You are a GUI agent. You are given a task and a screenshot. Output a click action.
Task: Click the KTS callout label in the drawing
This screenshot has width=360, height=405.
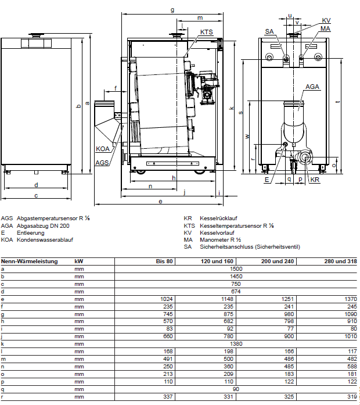(206, 32)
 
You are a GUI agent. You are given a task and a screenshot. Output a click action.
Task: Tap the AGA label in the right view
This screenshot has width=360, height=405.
(312, 86)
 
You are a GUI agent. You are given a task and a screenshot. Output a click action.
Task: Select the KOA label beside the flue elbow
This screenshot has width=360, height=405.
(103, 149)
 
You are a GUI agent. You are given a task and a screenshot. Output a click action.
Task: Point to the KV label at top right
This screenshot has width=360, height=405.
(326, 20)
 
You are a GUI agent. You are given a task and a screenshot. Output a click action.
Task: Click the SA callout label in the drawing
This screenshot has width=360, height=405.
(269, 31)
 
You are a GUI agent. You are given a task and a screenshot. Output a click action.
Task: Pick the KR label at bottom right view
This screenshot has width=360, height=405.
(315, 180)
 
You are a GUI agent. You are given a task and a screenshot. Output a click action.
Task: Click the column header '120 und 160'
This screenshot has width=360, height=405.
(221, 261)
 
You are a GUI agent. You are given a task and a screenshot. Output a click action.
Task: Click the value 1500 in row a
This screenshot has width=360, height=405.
(236, 269)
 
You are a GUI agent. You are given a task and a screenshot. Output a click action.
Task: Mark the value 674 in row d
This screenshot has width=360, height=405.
(236, 291)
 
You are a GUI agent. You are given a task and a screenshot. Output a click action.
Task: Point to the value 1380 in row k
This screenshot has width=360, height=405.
(236, 344)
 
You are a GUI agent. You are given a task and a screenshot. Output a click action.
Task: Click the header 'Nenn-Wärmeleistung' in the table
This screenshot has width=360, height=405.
(30, 261)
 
